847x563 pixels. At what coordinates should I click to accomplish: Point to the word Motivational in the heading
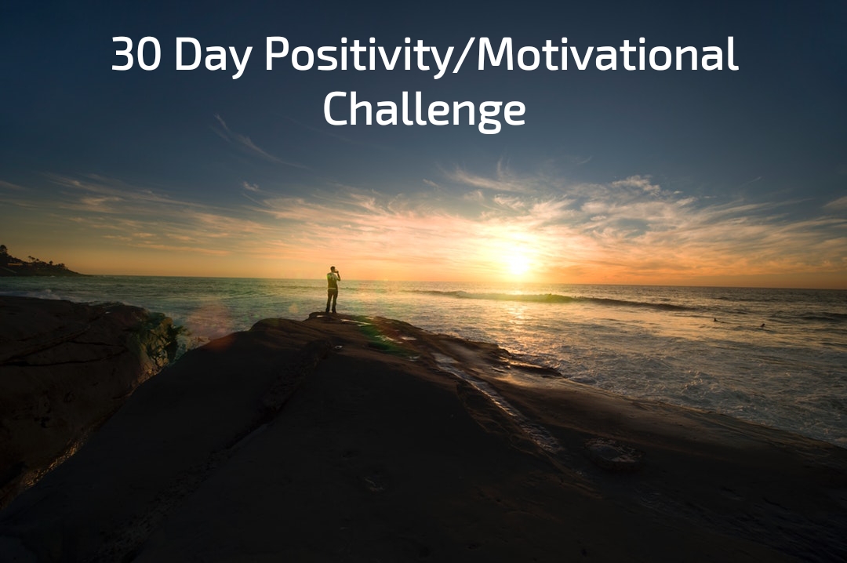coord(609,55)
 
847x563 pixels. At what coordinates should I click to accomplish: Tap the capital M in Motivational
coord(499,55)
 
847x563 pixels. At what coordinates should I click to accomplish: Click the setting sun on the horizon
coord(518,263)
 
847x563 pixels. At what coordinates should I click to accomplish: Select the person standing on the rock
coord(333,291)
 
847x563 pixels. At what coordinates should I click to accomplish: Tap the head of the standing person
coord(333,270)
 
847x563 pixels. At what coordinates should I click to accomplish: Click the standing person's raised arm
coord(338,274)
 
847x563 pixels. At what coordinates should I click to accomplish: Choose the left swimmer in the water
coord(714,320)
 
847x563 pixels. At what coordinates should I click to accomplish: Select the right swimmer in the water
coord(762,325)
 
